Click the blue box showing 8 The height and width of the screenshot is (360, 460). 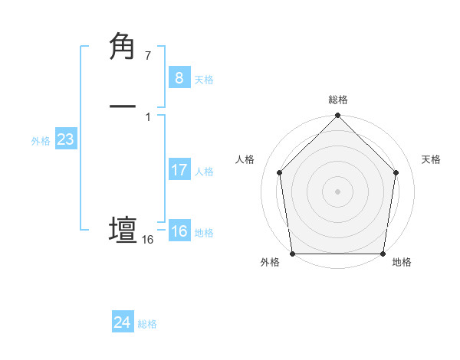pos(179,77)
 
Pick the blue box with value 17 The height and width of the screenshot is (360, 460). pos(179,170)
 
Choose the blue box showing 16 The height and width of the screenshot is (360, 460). pos(179,231)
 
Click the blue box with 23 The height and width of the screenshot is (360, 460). pos(65,140)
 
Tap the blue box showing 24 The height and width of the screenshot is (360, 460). pos(123,322)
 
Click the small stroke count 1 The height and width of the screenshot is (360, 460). pos(147,116)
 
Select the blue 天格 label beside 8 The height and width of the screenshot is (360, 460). pos(204,80)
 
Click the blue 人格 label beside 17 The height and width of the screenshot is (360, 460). pos(204,172)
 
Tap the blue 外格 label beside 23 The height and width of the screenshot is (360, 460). pos(41,141)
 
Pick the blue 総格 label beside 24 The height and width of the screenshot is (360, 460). pos(147,324)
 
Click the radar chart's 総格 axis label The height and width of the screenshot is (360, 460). pos(338,100)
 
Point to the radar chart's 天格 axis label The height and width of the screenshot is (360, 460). pos(432,159)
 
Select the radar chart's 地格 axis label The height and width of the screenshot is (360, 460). pos(402,263)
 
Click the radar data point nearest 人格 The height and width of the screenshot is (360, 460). pos(279,172)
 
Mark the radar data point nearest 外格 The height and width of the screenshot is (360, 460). pos(292,254)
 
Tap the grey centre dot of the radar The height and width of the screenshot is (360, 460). pos(337,191)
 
